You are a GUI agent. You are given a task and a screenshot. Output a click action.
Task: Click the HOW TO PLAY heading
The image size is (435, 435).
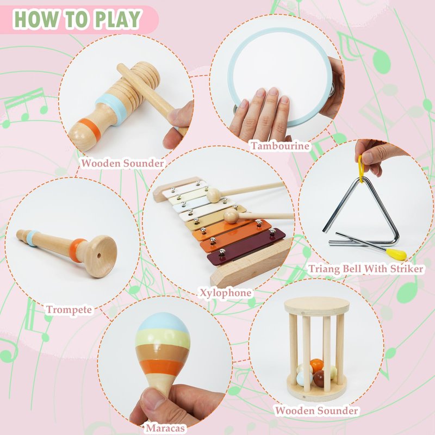point(77,19)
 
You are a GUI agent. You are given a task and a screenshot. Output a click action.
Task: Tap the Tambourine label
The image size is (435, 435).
point(279,146)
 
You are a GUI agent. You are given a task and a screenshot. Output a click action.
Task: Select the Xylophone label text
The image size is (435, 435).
point(226,293)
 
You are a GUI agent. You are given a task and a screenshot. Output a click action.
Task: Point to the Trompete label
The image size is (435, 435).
point(69,309)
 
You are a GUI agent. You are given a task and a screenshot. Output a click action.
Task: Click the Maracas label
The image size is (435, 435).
point(165,428)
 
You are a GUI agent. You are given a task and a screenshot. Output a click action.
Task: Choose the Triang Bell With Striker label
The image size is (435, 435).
point(366,269)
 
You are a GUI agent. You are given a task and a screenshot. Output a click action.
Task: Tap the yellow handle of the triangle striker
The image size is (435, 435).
point(396,253)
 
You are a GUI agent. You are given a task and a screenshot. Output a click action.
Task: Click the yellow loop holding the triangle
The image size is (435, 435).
point(361,169)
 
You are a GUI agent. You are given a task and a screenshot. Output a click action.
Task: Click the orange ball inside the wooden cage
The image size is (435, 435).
point(316,365)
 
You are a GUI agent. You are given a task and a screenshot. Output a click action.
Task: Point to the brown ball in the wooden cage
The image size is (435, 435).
point(319,378)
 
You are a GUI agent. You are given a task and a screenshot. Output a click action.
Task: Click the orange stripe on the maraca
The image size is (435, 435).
point(161,366)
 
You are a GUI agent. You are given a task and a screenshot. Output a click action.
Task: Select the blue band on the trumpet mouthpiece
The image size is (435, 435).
point(32,238)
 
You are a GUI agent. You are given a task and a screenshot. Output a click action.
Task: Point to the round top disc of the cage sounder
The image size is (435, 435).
point(316,306)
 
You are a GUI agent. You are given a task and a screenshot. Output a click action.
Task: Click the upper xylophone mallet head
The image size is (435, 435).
point(214,195)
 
